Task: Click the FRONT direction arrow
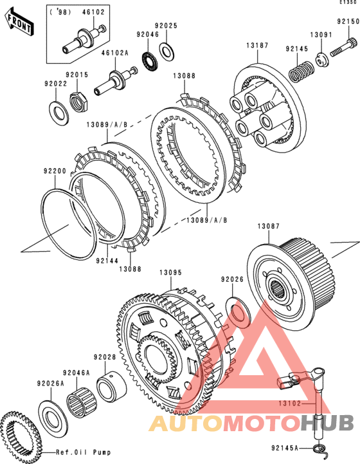coord(19,23)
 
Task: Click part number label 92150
coord(348,22)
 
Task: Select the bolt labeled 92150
coord(343,48)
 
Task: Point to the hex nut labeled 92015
coord(79,102)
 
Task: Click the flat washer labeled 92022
coord(59,113)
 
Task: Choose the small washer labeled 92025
coord(166,51)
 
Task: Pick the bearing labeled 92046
coord(150,61)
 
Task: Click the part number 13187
coord(257,46)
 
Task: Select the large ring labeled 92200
coord(68,224)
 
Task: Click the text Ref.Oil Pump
coord(84,452)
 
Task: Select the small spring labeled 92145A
coord(320,449)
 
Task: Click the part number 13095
coord(170,272)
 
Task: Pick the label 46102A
coord(115,53)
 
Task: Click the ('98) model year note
coord(60,12)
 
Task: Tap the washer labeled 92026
coord(239,313)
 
